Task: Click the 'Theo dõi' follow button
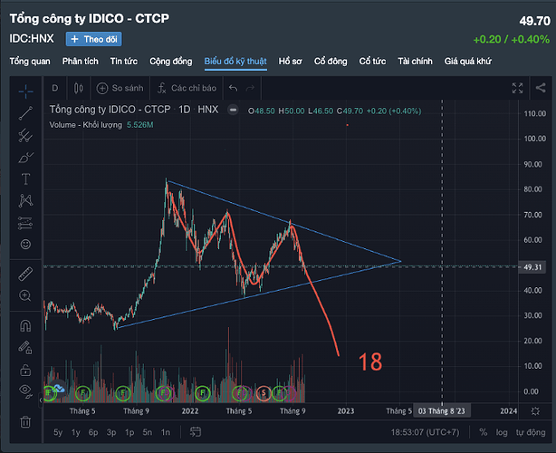point(93,39)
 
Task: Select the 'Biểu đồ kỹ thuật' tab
point(235,62)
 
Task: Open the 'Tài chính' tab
point(415,62)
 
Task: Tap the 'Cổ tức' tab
point(372,62)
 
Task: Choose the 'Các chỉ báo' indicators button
point(186,88)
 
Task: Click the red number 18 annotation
point(369,361)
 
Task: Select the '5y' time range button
point(58,433)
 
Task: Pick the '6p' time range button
point(93,433)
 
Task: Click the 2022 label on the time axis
point(189,410)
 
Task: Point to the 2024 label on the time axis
point(509,410)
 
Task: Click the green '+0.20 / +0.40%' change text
point(511,39)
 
